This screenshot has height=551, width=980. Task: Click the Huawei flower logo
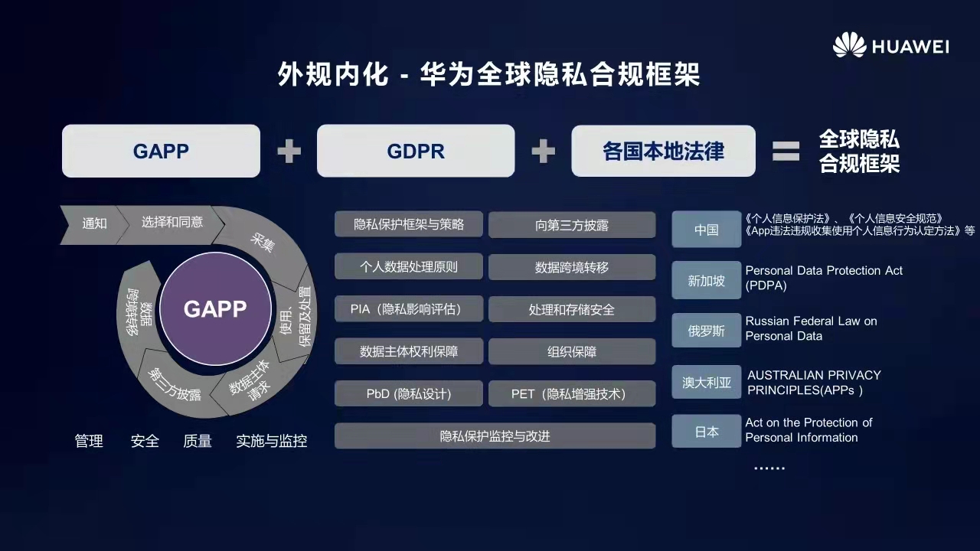point(849,45)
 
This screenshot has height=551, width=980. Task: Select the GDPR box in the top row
point(416,151)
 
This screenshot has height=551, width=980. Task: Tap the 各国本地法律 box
point(663,151)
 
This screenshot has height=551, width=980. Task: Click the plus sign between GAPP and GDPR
point(289,151)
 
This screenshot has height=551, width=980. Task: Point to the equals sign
point(786,151)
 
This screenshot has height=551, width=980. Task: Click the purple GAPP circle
point(215,308)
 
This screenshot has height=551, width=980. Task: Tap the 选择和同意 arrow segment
point(172,222)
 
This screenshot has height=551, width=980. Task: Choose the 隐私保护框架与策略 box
point(409,224)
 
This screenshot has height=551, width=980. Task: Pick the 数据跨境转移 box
point(572,267)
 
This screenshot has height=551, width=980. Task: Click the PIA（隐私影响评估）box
point(409,309)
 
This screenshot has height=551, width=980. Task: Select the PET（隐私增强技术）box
point(572,393)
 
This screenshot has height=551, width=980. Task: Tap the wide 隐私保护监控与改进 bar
point(495,436)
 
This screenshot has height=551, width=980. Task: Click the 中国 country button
point(706,230)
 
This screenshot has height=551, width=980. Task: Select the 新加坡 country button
point(706,280)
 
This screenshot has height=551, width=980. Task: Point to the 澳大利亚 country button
point(706,382)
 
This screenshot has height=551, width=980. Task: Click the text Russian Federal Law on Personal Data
point(811,328)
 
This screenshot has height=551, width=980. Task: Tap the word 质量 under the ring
point(198,441)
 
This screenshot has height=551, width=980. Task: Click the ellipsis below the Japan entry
point(769,468)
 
